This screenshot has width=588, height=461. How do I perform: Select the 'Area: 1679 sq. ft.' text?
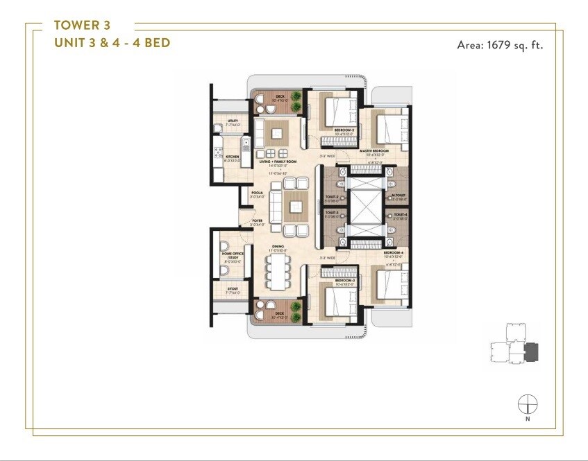click(500, 46)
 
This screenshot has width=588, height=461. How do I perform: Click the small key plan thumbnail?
click(513, 345)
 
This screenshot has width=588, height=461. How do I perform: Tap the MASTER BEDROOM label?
click(374, 150)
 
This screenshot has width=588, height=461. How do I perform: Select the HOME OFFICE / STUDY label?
click(230, 257)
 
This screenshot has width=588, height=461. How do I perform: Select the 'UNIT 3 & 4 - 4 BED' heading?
click(112, 43)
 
